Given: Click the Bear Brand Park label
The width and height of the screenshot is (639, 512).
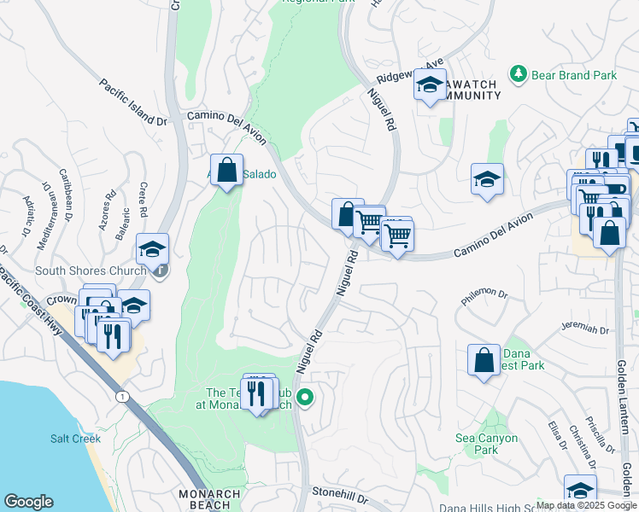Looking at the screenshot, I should tap(574, 75).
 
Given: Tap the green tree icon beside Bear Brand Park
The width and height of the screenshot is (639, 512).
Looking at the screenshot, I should tap(519, 75).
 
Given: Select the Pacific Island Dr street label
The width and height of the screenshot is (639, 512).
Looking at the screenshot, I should tap(132, 103).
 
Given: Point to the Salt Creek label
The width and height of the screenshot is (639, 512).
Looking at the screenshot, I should tap(75, 439).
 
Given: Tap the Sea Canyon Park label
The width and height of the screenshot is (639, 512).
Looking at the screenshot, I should tap(486, 444).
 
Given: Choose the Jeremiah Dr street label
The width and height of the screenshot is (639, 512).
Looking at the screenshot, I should tap(585, 329).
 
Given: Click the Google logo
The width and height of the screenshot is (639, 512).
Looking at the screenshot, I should tap(28, 502).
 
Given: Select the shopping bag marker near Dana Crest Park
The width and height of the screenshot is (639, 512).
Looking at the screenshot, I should tap(484, 359).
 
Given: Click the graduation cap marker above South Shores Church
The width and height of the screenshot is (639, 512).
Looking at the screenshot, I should tap(153, 248).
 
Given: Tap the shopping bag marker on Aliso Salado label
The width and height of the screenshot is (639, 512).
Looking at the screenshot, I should tap(226, 170).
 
